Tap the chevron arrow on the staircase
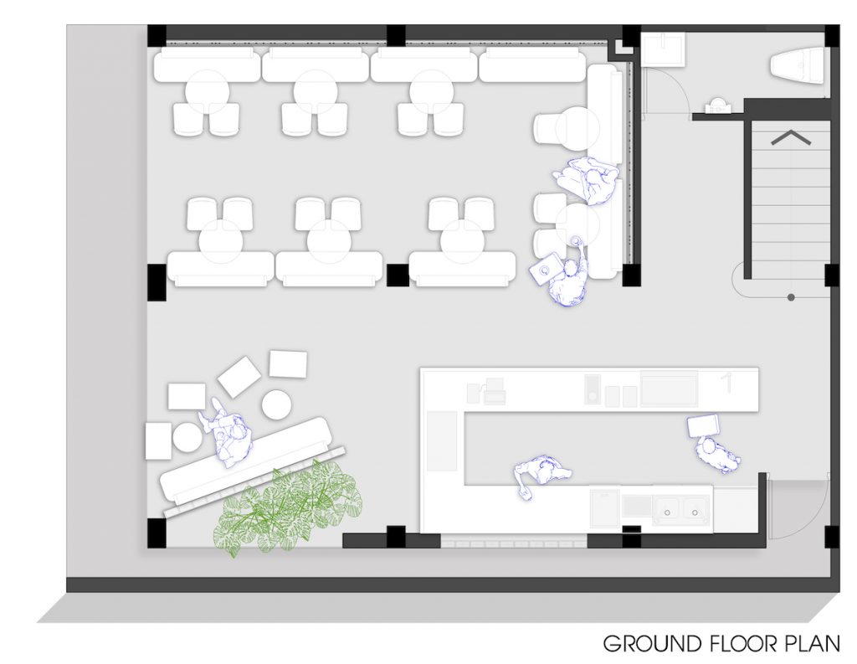click(791, 138)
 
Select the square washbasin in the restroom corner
click(663, 49)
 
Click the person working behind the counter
click(542, 474)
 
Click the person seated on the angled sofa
click(227, 432)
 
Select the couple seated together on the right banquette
click(586, 181)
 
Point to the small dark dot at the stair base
click(791, 297)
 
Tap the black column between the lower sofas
click(398, 275)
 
